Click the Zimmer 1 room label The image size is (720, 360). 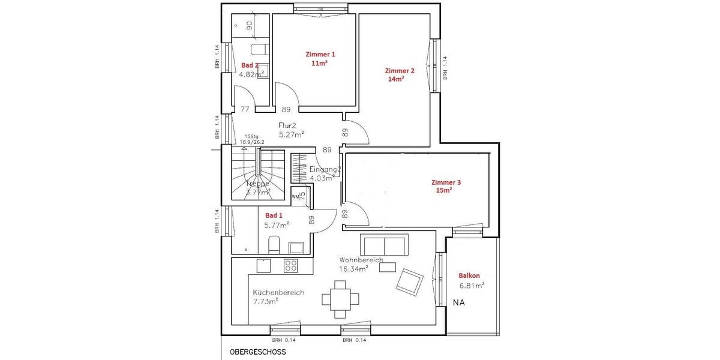pyautogui.click(x=320, y=54)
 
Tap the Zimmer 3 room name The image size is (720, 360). pyautogui.click(x=446, y=182)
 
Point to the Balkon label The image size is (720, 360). pyautogui.click(x=469, y=275)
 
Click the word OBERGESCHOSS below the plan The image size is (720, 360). pyautogui.click(x=253, y=352)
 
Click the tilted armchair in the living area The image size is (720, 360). pyautogui.click(x=409, y=281)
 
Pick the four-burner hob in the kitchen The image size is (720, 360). pyautogui.click(x=291, y=265)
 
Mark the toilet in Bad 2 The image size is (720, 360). pyautogui.click(x=258, y=49)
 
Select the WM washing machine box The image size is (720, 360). pyautogui.click(x=299, y=195)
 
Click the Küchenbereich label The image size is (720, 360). pyautogui.click(x=278, y=293)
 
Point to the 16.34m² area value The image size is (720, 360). pyautogui.click(x=353, y=269)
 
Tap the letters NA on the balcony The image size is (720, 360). pyautogui.click(x=459, y=302)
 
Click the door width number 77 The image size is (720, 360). pyautogui.click(x=245, y=109)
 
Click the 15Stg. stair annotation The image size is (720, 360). pyautogui.click(x=253, y=137)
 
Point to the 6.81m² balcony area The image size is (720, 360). pyautogui.click(x=472, y=286)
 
